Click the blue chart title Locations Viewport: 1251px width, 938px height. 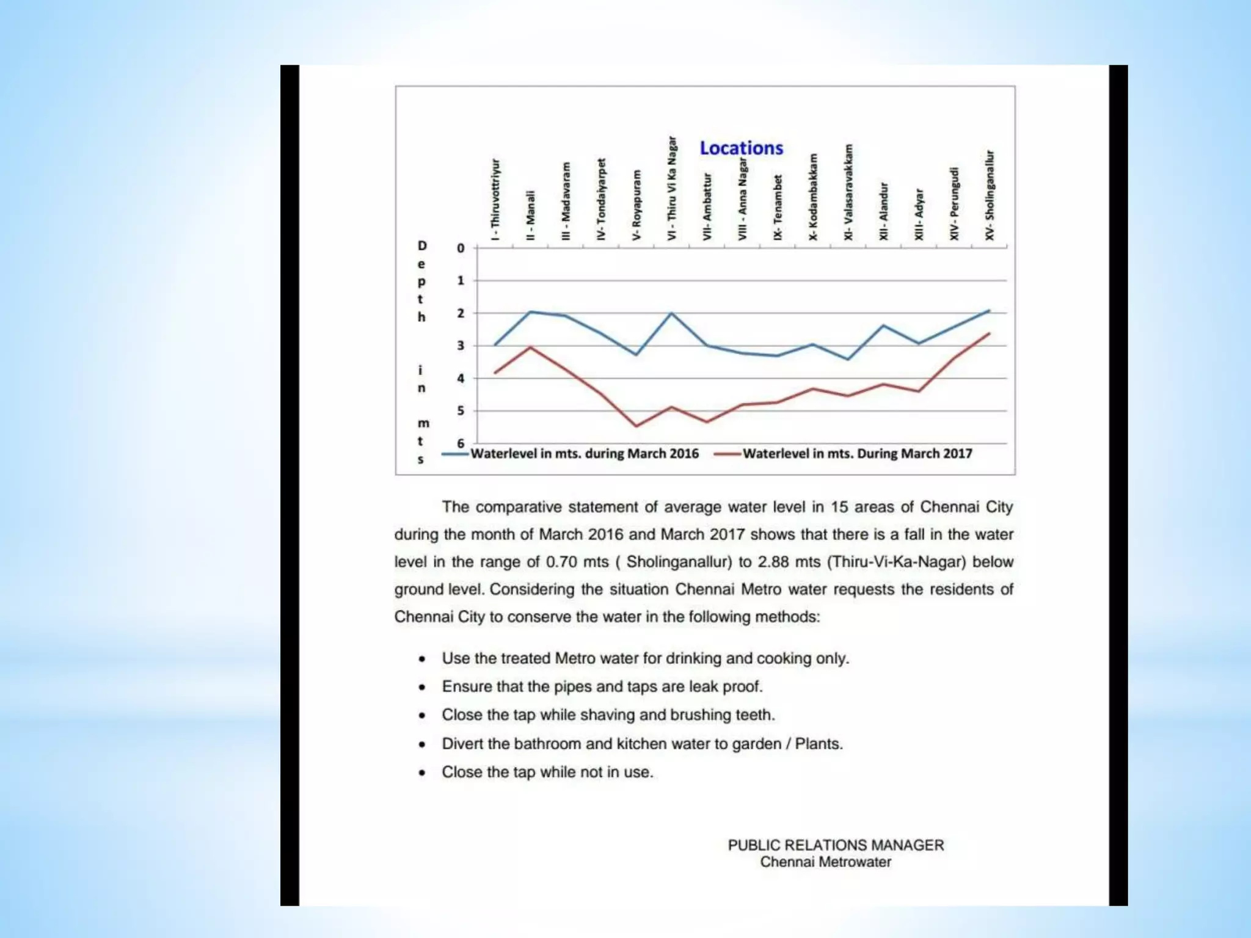click(741, 148)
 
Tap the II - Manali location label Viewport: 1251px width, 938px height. click(530, 215)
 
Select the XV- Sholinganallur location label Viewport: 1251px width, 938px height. click(990, 195)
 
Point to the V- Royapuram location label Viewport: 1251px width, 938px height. click(636, 205)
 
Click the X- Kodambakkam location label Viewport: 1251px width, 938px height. click(813, 197)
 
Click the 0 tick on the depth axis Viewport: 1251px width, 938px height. click(461, 249)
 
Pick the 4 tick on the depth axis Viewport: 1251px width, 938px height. click(461, 379)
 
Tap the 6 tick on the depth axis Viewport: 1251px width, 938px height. click(461, 443)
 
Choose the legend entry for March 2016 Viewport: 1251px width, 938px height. click(583, 454)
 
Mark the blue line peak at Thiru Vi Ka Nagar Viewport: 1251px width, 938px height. click(671, 313)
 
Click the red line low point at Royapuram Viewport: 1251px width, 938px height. click(636, 426)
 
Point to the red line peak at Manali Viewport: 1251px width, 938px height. click(530, 347)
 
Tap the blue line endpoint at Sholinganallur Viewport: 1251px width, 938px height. click(989, 311)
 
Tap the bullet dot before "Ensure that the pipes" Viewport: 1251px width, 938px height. click(422, 688)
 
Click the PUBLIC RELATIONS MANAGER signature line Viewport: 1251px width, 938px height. click(836, 845)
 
